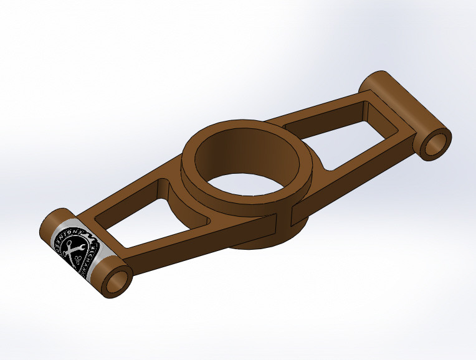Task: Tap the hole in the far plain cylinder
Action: click(436, 143)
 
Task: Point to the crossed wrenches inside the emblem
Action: click(74, 248)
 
